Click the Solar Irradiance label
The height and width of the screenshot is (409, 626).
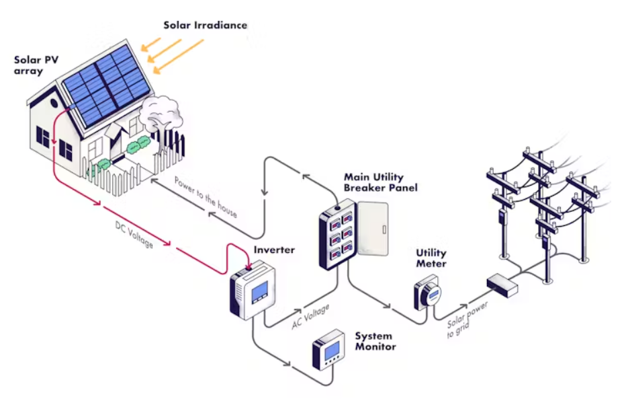[205, 26]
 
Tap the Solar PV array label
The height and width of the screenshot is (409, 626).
[36, 65]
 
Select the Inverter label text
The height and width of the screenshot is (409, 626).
[273, 250]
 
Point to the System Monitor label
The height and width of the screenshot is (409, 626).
[375, 341]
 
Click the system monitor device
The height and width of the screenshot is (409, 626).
[328, 350]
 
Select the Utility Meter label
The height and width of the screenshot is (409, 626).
[431, 258]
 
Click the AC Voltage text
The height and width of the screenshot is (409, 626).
[310, 317]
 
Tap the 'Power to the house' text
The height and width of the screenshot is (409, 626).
[206, 197]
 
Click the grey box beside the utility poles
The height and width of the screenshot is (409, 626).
[502, 285]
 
